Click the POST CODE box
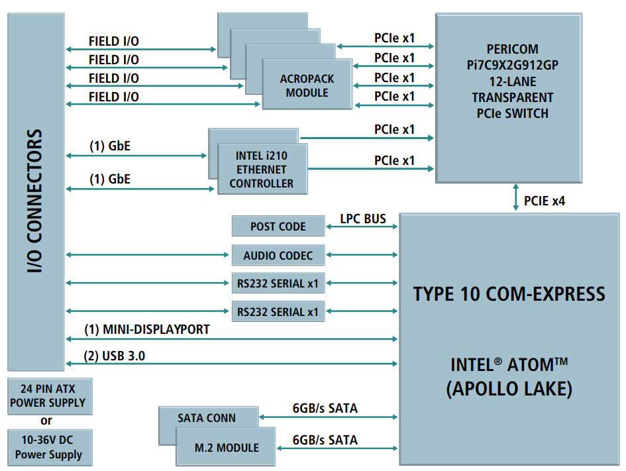pyautogui.click(x=278, y=226)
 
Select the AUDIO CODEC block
pyautogui.click(x=278, y=255)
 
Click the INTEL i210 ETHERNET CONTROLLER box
pyautogui.click(x=262, y=170)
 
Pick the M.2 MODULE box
pyautogui.click(x=227, y=448)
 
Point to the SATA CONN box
pyautogui.click(x=207, y=418)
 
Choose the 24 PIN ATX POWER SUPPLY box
pyautogui.click(x=50, y=396)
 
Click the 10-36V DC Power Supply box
pyautogui.click(x=49, y=447)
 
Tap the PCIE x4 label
pyautogui.click(x=545, y=199)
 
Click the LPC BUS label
pyautogui.click(x=362, y=219)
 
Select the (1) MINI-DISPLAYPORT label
pyautogui.click(x=146, y=329)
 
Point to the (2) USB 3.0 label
pyautogui.click(x=115, y=356)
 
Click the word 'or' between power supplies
pyautogui.click(x=46, y=421)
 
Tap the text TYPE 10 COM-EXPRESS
pyautogui.click(x=509, y=293)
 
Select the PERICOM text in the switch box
pyautogui.click(x=511, y=49)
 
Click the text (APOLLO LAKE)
pyautogui.click(x=509, y=389)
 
